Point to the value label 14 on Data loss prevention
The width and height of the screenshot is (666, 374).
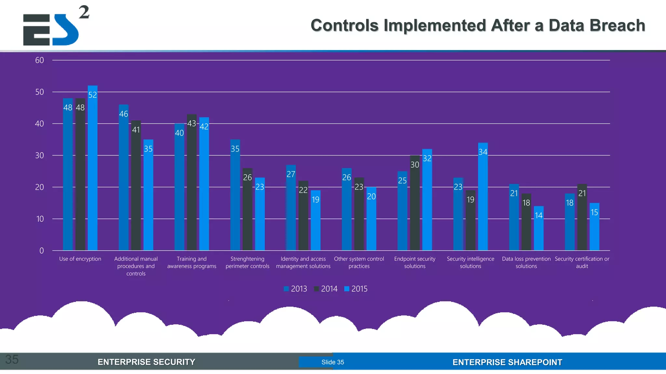pos(539,216)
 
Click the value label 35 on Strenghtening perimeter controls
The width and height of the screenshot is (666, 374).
pos(235,149)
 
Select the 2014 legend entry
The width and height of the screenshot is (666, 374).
pos(326,289)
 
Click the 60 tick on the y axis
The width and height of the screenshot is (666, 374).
pos(40,60)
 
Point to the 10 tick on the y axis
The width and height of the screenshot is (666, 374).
pos(40,219)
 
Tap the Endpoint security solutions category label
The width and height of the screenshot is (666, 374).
pos(415,262)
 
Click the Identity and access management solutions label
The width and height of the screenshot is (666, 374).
pos(303,262)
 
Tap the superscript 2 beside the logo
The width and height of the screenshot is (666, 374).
pos(84,12)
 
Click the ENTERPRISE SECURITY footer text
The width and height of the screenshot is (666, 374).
pos(146,362)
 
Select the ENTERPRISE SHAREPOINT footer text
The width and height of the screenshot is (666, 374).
pos(507,362)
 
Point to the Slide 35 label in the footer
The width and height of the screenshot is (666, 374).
pos(333,362)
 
